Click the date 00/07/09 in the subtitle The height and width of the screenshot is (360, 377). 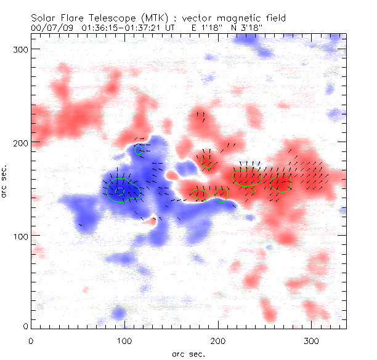pyautogui.click(x=50, y=28)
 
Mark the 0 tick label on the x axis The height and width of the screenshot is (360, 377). pyautogui.click(x=31, y=340)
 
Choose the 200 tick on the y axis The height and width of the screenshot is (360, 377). pyautogui.click(x=20, y=142)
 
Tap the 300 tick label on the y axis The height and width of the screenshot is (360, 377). pyautogui.click(x=20, y=49)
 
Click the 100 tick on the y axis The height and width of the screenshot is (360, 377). pyautogui.click(x=20, y=236)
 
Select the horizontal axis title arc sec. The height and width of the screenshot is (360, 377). pyautogui.click(x=189, y=353)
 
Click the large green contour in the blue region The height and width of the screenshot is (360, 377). pyautogui.click(x=117, y=190)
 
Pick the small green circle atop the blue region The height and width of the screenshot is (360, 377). pyautogui.click(x=139, y=150)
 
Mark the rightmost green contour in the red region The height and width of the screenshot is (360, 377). pyautogui.click(x=282, y=184)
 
